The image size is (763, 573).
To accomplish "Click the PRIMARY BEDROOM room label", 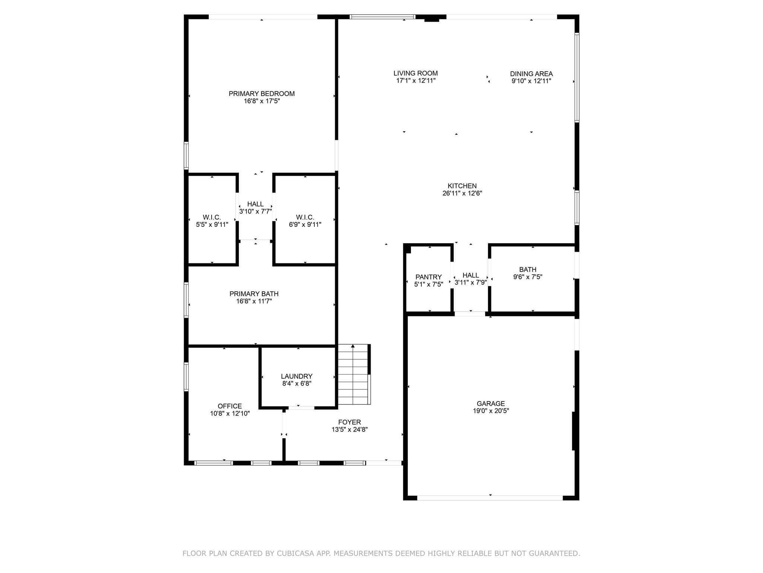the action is (x=262, y=94).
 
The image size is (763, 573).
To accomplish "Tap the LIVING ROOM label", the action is (x=415, y=73).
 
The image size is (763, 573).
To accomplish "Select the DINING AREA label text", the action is (x=531, y=74).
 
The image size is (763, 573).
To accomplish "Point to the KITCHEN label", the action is (x=462, y=186).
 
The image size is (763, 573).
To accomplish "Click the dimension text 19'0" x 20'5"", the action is (x=490, y=411).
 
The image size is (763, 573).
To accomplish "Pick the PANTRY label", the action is (x=428, y=277).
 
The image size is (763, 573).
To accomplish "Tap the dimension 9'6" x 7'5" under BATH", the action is (x=528, y=277).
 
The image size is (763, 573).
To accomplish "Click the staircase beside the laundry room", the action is (x=354, y=375).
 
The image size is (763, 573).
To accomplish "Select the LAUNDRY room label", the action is (x=297, y=376).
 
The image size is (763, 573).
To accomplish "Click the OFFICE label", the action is (x=229, y=406).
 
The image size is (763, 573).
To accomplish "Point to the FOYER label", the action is (x=349, y=422).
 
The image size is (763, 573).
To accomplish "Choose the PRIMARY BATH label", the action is (x=254, y=294).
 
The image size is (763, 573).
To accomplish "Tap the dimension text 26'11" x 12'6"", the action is (x=462, y=193).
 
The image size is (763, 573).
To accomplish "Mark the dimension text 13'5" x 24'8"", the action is (x=349, y=429).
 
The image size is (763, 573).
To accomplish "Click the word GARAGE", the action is (x=491, y=404).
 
